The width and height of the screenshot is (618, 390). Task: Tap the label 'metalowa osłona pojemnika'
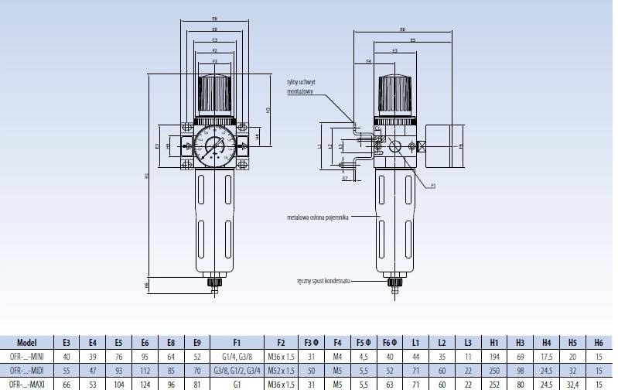coord(317,217)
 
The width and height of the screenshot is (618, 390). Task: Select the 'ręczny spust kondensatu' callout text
coord(323,281)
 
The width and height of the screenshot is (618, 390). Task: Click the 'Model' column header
coord(26,342)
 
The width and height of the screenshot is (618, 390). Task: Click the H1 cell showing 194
coord(494,357)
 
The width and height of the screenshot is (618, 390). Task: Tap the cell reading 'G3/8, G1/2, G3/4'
coord(236,371)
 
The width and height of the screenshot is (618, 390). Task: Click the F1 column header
coord(236,342)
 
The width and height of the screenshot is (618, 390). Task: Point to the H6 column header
coord(599,342)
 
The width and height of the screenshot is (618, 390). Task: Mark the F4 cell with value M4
coord(337,357)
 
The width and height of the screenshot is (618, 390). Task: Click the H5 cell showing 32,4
coord(573,385)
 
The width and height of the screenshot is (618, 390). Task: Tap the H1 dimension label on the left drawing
coord(146,176)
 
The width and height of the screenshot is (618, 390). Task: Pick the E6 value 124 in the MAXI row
coord(145,385)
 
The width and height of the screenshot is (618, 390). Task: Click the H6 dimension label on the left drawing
coord(146,285)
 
